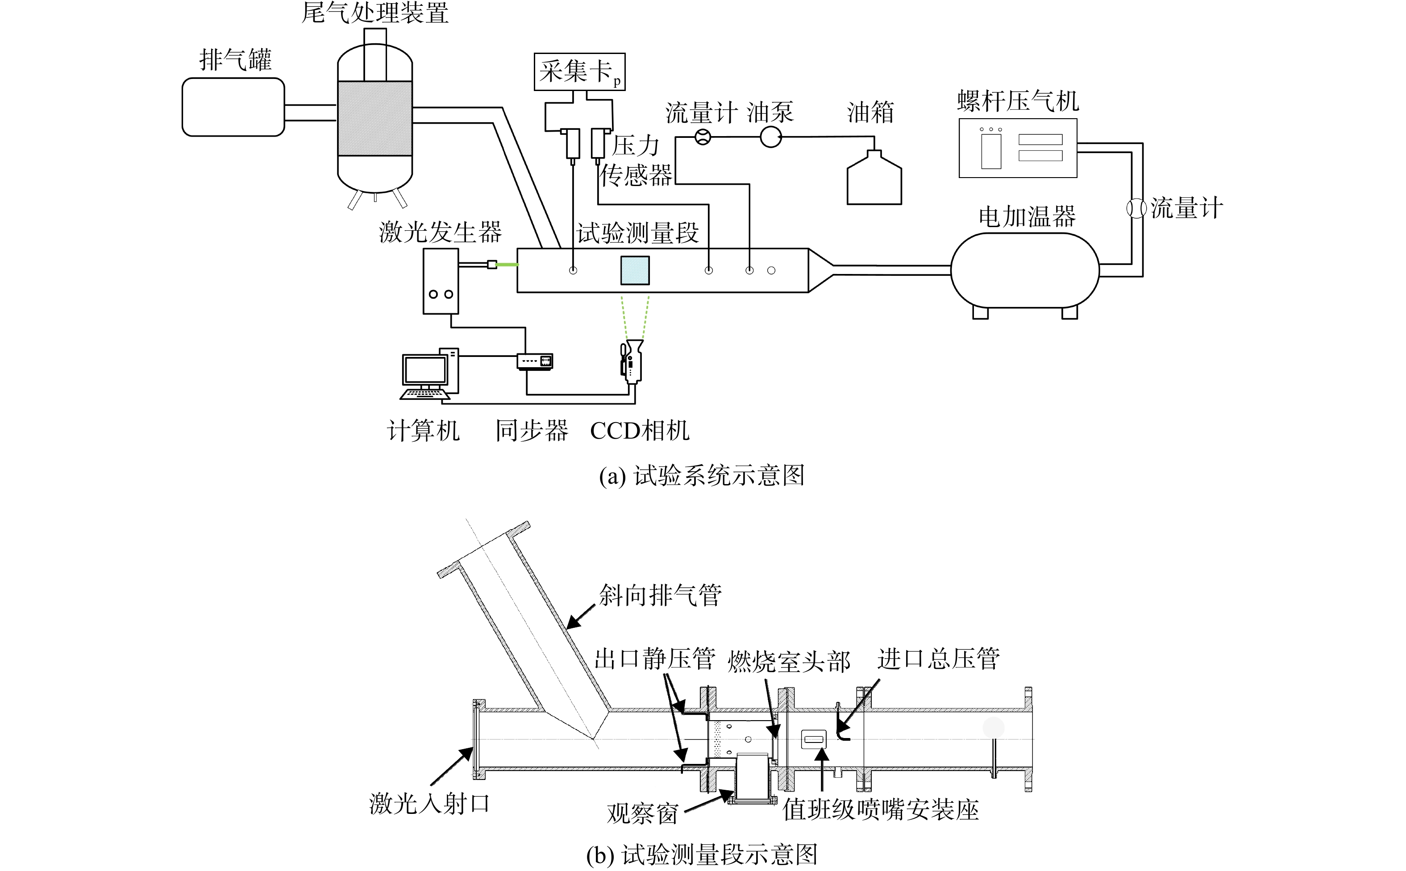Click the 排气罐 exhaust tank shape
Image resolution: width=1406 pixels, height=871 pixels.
pyautogui.click(x=233, y=107)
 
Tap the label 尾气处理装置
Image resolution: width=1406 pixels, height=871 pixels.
pyautogui.click(x=375, y=12)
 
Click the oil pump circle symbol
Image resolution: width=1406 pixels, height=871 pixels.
pyautogui.click(x=770, y=137)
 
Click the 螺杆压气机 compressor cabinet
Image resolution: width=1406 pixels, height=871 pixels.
pyautogui.click(x=1018, y=148)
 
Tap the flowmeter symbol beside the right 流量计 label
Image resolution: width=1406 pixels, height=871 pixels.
pyautogui.click(x=1136, y=208)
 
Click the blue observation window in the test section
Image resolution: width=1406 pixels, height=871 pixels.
pyautogui.click(x=635, y=270)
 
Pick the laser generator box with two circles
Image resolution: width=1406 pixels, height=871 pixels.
pyautogui.click(x=441, y=281)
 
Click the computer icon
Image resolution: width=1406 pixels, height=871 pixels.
pyautogui.click(x=429, y=374)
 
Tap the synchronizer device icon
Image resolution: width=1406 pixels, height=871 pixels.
pyautogui.click(x=535, y=361)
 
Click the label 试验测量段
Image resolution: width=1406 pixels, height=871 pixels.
pyautogui.click(x=638, y=233)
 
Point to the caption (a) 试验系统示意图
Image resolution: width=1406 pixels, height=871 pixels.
pyautogui.click(x=702, y=476)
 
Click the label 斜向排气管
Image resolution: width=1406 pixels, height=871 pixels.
pyautogui.click(x=660, y=595)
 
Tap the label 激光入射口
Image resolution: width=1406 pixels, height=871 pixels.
pyautogui.click(x=429, y=803)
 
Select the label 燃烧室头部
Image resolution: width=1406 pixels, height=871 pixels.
pyautogui.click(x=789, y=662)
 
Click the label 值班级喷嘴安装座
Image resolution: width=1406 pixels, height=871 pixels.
pyautogui.click(x=881, y=810)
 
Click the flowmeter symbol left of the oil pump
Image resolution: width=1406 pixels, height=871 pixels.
pyautogui.click(x=703, y=137)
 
